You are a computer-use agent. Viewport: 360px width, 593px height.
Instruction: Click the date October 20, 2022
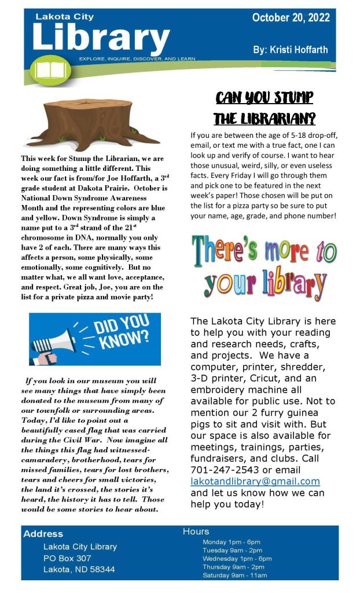coord(291,18)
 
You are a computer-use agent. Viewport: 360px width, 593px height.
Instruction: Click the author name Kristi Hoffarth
coord(291,50)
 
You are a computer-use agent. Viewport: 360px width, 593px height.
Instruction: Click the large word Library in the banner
coord(101,38)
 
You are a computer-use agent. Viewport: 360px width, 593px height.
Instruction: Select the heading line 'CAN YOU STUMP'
coord(264,97)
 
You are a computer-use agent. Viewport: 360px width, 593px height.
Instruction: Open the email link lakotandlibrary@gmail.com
coord(255,482)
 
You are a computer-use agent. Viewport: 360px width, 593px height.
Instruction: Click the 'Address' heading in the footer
coord(43,533)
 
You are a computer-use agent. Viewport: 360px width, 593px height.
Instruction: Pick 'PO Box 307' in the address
coord(67,558)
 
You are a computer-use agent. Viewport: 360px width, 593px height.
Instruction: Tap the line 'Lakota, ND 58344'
coord(79,569)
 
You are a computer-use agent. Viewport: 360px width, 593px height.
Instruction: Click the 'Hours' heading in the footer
coord(196,531)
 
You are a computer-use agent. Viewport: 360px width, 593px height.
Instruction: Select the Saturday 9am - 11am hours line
coord(234,575)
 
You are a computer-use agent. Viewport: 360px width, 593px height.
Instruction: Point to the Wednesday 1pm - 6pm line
coord(237,558)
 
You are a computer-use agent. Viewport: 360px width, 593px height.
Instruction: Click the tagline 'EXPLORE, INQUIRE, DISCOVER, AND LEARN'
coord(137,59)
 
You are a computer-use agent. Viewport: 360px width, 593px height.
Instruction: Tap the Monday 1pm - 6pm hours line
coord(231,542)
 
